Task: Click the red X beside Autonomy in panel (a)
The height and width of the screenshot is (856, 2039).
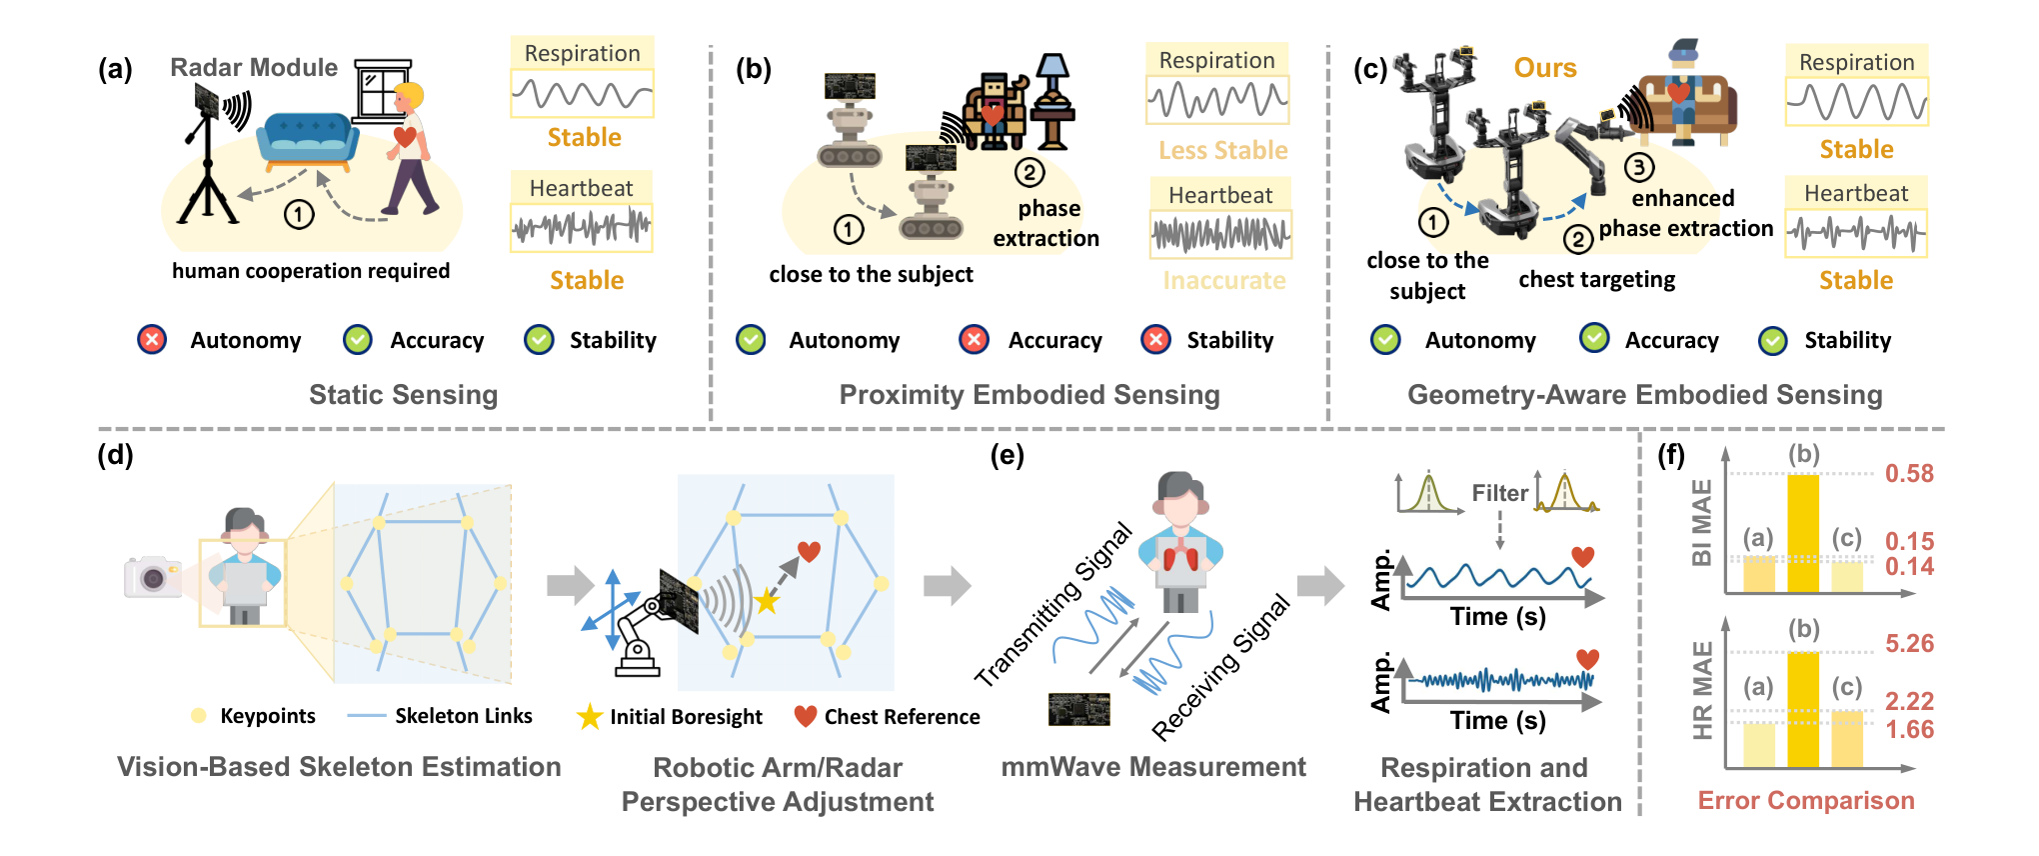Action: pyautogui.click(x=152, y=340)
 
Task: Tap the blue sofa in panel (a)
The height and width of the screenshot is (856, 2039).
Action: pyautogui.click(x=309, y=140)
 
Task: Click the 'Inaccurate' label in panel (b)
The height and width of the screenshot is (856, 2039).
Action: pyautogui.click(x=1224, y=281)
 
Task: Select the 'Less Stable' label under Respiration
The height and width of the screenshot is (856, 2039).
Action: pyautogui.click(x=1223, y=150)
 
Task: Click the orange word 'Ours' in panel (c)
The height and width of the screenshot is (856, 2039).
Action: pyautogui.click(x=1545, y=68)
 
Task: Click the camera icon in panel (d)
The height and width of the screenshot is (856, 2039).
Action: pyautogui.click(x=153, y=577)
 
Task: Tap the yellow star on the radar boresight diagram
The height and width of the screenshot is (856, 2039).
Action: pyautogui.click(x=767, y=601)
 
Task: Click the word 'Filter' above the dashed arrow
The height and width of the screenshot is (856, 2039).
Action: pyautogui.click(x=1499, y=493)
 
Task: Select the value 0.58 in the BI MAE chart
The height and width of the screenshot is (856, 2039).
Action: pyautogui.click(x=1909, y=473)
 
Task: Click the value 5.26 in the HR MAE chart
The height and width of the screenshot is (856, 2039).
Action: pyautogui.click(x=1909, y=643)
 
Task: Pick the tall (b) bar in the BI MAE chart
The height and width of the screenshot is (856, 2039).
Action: pyautogui.click(x=1803, y=533)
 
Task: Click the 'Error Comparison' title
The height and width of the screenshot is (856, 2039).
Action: pyautogui.click(x=1806, y=800)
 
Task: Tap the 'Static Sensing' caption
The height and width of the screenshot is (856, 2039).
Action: pyautogui.click(x=403, y=395)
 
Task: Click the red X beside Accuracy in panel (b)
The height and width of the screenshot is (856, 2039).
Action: pyautogui.click(x=974, y=340)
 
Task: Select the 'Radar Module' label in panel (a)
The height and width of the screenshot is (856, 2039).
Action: pyautogui.click(x=254, y=67)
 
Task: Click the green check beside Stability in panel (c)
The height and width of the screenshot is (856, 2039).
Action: pyautogui.click(x=1773, y=341)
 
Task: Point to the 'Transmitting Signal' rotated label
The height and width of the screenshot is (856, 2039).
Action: pyautogui.click(x=1053, y=604)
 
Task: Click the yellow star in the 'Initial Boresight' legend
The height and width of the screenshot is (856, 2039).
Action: pyautogui.click(x=590, y=716)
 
